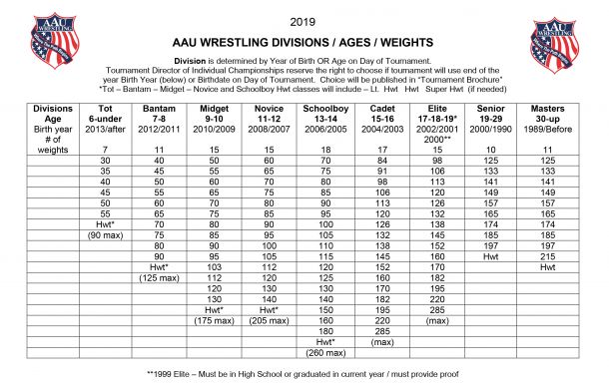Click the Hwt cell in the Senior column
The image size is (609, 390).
[491, 255]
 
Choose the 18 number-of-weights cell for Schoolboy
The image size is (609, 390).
[325, 148]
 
